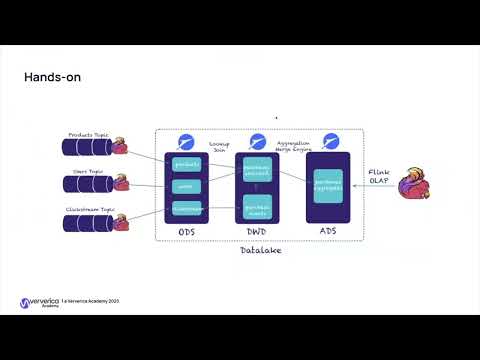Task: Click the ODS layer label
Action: [187, 231]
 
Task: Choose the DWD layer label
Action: [256, 231]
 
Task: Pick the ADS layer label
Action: [327, 231]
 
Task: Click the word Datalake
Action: [262, 249]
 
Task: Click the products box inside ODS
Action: [187, 163]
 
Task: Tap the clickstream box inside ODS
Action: [187, 208]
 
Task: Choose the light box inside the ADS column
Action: [328, 186]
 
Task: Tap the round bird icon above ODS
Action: [186, 140]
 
